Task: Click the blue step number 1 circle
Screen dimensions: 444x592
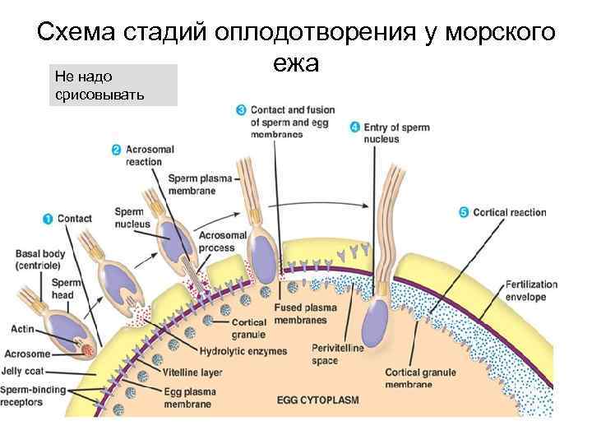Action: coord(48,219)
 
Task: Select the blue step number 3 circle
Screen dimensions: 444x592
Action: coord(241,109)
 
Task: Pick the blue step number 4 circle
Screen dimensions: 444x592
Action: coord(354,127)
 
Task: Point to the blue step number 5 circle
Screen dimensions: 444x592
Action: coord(465,212)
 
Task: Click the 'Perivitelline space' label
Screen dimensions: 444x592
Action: coord(334,354)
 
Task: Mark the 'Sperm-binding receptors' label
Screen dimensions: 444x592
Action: coord(31,395)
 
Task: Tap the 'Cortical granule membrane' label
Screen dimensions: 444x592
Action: coord(420,378)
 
